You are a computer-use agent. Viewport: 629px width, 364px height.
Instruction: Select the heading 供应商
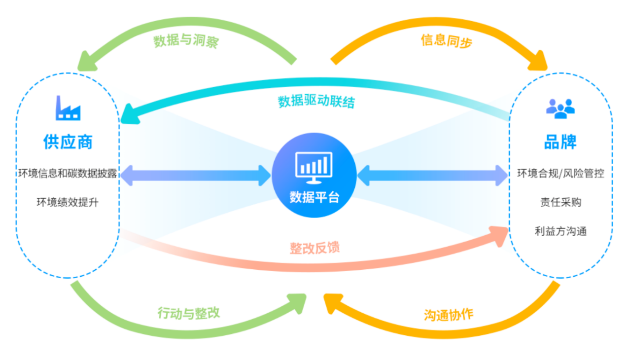pyautogui.click(x=68, y=142)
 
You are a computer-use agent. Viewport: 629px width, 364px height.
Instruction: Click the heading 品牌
pyautogui.click(x=560, y=142)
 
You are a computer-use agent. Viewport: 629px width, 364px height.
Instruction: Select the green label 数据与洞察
pyautogui.click(x=186, y=41)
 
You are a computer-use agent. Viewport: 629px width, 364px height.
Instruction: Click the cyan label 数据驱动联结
pyautogui.click(x=316, y=102)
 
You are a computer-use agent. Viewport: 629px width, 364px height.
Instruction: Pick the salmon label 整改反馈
pyautogui.click(x=314, y=248)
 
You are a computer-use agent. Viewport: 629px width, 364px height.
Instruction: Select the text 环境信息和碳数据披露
pyautogui.click(x=68, y=174)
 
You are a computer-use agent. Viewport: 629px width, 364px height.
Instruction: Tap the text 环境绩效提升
pyautogui.click(x=68, y=202)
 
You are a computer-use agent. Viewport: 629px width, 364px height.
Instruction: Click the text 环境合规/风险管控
pyautogui.click(x=560, y=174)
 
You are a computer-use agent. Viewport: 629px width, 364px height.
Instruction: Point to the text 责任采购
pyautogui.click(x=560, y=202)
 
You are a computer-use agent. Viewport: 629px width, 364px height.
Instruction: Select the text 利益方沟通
pyautogui.click(x=560, y=231)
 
